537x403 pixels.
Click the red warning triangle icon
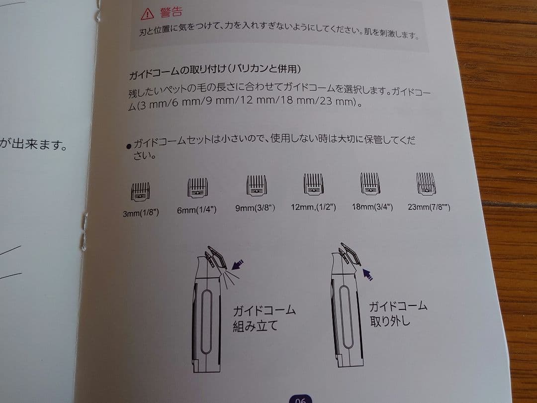(147, 13)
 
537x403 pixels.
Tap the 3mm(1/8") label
(141, 213)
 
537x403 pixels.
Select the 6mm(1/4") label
(196, 210)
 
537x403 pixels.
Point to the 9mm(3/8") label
(255, 208)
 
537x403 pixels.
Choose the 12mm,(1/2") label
(313, 207)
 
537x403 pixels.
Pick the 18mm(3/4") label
(372, 206)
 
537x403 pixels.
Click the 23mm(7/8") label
(429, 207)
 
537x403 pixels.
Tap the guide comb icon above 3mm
(141, 191)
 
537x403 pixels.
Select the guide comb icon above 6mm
(197, 188)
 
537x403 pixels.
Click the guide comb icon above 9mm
(257, 186)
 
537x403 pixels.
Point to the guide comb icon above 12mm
(314, 185)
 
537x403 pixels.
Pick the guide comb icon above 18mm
(370, 184)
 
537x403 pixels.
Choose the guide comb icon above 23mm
(427, 184)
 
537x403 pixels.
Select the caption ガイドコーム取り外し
(398, 313)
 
